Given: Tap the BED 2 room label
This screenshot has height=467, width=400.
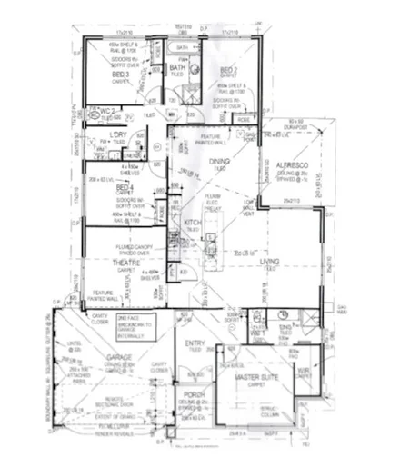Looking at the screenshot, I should (x=228, y=70).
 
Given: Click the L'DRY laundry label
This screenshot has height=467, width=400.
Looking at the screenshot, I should (x=115, y=135).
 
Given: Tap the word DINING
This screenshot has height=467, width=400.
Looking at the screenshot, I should (x=218, y=163).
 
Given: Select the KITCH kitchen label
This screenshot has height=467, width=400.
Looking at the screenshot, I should (x=193, y=222).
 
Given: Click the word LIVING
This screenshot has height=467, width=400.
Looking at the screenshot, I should (x=269, y=263).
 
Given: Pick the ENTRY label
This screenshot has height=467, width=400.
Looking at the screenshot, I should (x=195, y=343).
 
